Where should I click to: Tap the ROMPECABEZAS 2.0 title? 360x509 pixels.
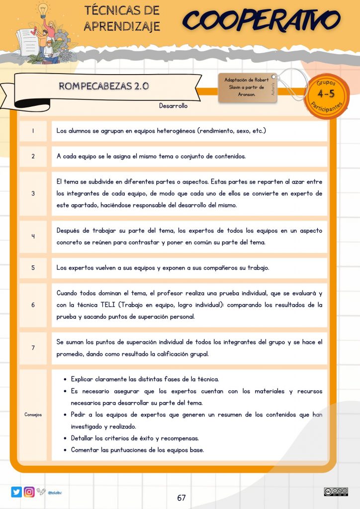(104, 85)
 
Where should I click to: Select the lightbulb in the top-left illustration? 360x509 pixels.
(43, 8)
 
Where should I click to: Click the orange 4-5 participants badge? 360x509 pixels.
(326, 94)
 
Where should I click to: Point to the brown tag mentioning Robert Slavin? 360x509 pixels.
(247, 87)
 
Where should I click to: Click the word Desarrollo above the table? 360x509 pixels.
(173, 105)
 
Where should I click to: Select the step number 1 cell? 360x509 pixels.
(33, 131)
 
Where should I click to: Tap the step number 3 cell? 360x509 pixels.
(33, 193)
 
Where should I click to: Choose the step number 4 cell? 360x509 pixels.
(33, 236)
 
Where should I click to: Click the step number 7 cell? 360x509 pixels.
(33, 348)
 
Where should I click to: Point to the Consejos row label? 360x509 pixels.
(33, 415)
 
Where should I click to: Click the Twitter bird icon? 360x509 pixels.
(16, 492)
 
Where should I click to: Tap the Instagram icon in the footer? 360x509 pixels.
(29, 492)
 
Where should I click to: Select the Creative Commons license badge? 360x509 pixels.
(336, 492)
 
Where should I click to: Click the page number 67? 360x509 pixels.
(181, 498)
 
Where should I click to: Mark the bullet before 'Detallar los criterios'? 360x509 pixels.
(66, 438)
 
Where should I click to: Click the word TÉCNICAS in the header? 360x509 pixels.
(122, 11)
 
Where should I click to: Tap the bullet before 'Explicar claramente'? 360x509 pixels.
(66, 379)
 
